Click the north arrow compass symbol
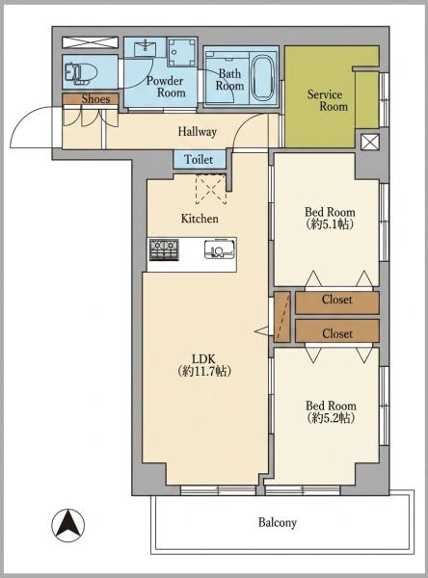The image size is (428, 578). (67, 525)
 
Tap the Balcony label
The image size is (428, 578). (277, 522)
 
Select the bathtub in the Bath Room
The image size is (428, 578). (263, 78)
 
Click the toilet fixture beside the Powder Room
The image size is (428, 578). (80, 71)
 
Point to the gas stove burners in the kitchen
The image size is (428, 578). (164, 250)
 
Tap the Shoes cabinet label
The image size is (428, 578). (95, 99)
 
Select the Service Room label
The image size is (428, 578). (328, 100)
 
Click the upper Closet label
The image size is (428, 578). (336, 300)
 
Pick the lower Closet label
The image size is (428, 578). (337, 333)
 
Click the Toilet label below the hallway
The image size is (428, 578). (199, 160)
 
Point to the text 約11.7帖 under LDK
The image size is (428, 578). (204, 371)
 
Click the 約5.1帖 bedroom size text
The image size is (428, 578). (330, 223)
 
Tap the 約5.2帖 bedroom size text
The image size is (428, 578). (331, 418)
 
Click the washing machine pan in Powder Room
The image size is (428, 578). (181, 52)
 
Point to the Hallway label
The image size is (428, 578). (197, 132)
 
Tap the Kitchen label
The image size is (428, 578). (200, 219)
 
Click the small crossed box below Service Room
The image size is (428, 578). (369, 142)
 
